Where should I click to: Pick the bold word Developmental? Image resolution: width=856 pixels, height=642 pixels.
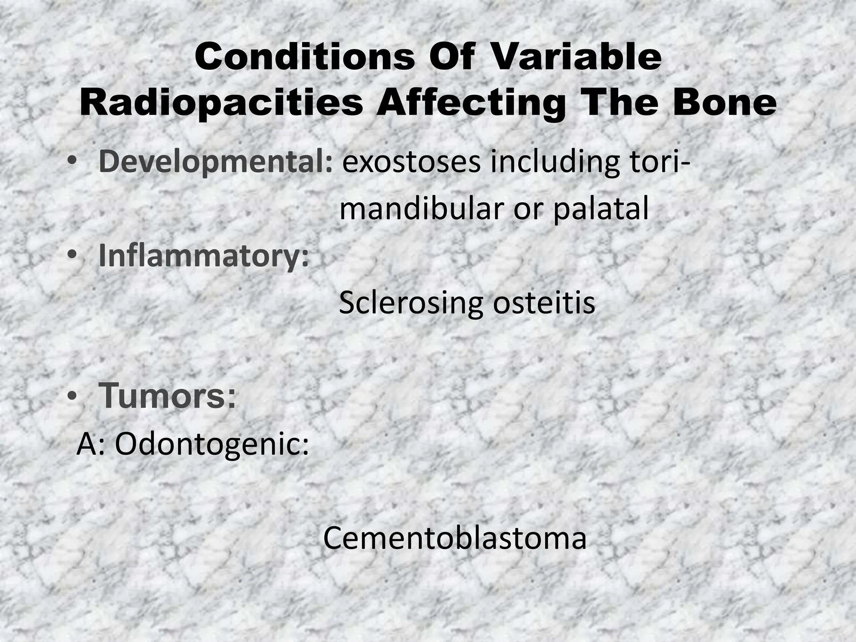click(216, 163)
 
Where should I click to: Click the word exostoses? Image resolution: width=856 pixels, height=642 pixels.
click(412, 163)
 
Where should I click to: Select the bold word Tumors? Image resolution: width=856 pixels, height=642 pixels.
click(167, 397)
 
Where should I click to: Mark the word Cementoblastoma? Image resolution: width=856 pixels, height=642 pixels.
click(455, 538)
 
